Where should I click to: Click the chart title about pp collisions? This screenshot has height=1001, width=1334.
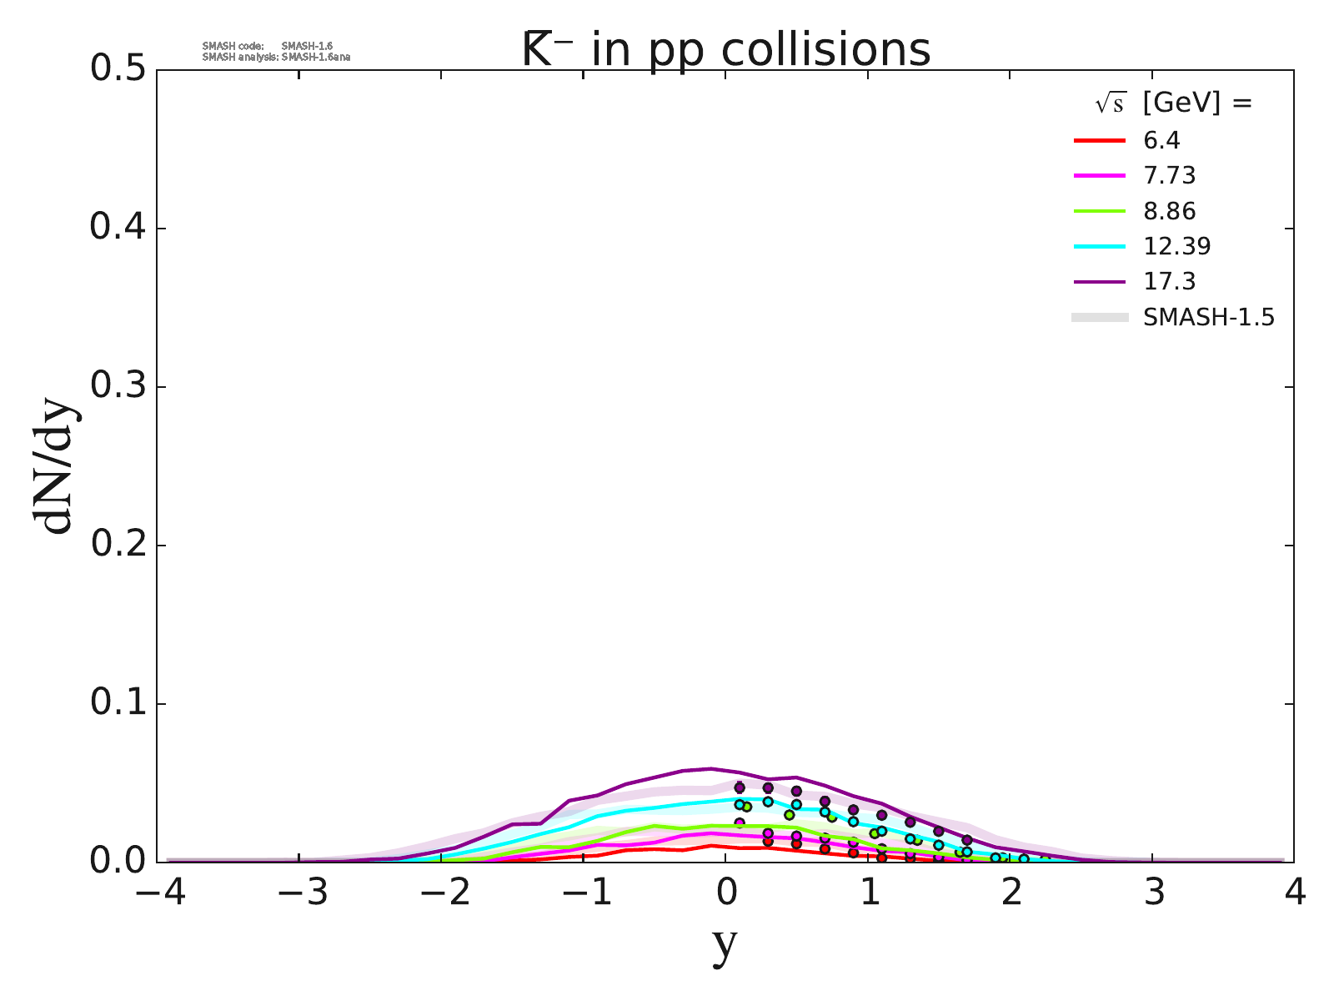tap(725, 50)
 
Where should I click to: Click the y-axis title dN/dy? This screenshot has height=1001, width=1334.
tap(55, 467)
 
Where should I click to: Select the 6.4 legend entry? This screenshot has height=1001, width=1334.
tap(1161, 140)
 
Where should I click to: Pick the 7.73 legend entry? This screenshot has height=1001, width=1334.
tap(1170, 176)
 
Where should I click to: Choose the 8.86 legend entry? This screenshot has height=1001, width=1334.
tap(1170, 211)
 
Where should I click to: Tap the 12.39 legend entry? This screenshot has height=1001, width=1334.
tap(1177, 246)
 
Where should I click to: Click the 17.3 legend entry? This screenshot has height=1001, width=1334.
tap(1170, 281)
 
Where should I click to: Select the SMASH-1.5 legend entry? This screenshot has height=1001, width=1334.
tap(1209, 317)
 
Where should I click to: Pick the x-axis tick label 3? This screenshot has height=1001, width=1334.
tap(1152, 894)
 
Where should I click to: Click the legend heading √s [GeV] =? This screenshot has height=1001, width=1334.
tap(1173, 103)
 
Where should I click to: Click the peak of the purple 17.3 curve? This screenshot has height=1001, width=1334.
tap(711, 768)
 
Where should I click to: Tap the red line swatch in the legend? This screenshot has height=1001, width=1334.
tap(1100, 140)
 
